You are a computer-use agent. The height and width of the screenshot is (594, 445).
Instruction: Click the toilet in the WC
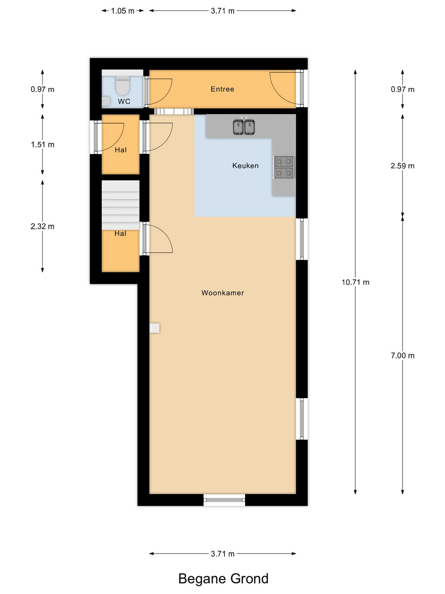(123, 85)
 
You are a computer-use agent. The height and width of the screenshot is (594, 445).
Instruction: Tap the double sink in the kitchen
(244, 127)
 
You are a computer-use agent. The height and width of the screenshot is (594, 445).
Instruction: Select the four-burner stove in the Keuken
(284, 167)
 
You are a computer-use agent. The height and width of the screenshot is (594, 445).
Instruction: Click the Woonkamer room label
(222, 293)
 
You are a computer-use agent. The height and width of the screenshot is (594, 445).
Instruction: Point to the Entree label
(222, 89)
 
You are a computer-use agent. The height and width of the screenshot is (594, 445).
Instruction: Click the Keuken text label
(245, 166)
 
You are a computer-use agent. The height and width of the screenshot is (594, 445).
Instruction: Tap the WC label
(124, 101)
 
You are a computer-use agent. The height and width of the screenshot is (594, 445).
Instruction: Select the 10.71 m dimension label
(355, 282)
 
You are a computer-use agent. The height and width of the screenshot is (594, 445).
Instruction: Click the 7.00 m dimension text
(402, 356)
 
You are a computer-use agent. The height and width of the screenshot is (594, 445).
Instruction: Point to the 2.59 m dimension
(402, 166)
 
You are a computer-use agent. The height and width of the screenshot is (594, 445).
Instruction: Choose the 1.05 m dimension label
(123, 11)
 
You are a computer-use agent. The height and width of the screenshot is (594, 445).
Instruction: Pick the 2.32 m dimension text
(42, 226)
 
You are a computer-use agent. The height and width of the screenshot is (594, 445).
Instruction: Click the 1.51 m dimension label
(42, 144)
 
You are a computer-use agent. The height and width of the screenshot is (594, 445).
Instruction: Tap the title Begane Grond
(223, 579)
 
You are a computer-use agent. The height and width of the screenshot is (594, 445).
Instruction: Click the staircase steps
(121, 205)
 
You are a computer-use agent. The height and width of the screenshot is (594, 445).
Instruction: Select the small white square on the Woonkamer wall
(155, 328)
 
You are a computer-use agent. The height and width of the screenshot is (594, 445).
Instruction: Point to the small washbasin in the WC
(106, 101)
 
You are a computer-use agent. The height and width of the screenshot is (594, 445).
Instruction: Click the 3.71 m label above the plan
(222, 11)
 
